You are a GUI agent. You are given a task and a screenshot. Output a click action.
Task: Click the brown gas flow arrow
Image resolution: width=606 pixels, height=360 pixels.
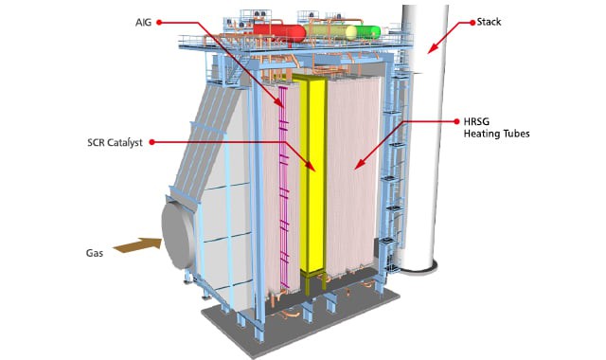(x=136, y=246)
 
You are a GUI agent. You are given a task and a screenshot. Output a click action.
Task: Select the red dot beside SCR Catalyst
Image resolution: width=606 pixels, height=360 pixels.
(x=151, y=143)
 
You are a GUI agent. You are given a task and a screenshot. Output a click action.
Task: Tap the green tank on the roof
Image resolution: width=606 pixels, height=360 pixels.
(x=372, y=32)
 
